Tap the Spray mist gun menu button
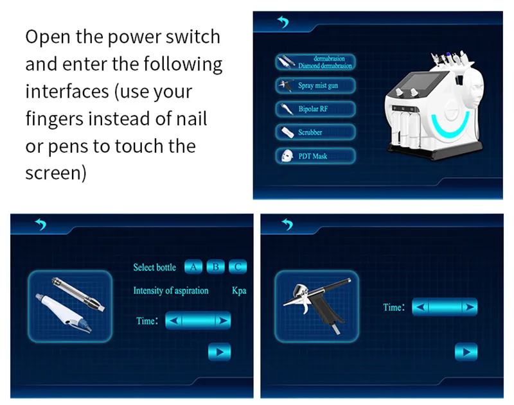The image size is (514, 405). point(315,86)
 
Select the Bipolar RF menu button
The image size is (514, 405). point(315,109)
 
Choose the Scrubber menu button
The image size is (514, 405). point(315,132)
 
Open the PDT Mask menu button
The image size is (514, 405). point(315,156)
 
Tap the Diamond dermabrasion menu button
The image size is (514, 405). point(315,62)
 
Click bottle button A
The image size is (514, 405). point(193,267)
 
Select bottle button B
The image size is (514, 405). point(216,267)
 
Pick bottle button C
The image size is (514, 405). point(238,267)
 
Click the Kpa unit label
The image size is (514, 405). point(239,291)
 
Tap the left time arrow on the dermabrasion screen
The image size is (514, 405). point(174,320)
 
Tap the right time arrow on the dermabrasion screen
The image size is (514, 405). point(223,320)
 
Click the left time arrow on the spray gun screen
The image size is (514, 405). point(421,307)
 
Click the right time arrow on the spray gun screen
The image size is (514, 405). point(470,307)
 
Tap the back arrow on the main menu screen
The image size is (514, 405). point(283,22)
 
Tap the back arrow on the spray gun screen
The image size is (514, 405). point(287,224)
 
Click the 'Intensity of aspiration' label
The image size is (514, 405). point(171,291)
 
